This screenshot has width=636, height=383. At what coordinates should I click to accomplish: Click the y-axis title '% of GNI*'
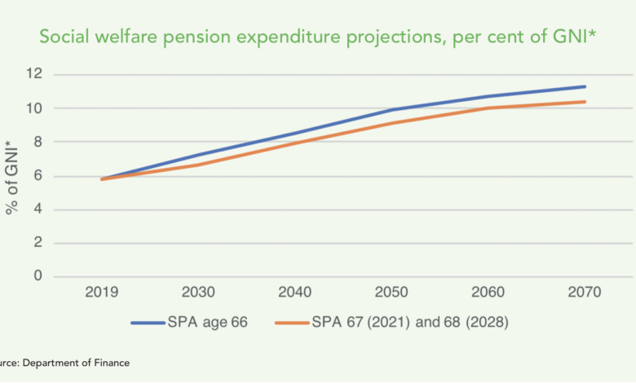(14, 177)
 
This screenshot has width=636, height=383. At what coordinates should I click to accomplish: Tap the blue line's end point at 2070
(585, 86)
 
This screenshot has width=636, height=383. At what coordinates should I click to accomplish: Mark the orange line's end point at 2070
(585, 102)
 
